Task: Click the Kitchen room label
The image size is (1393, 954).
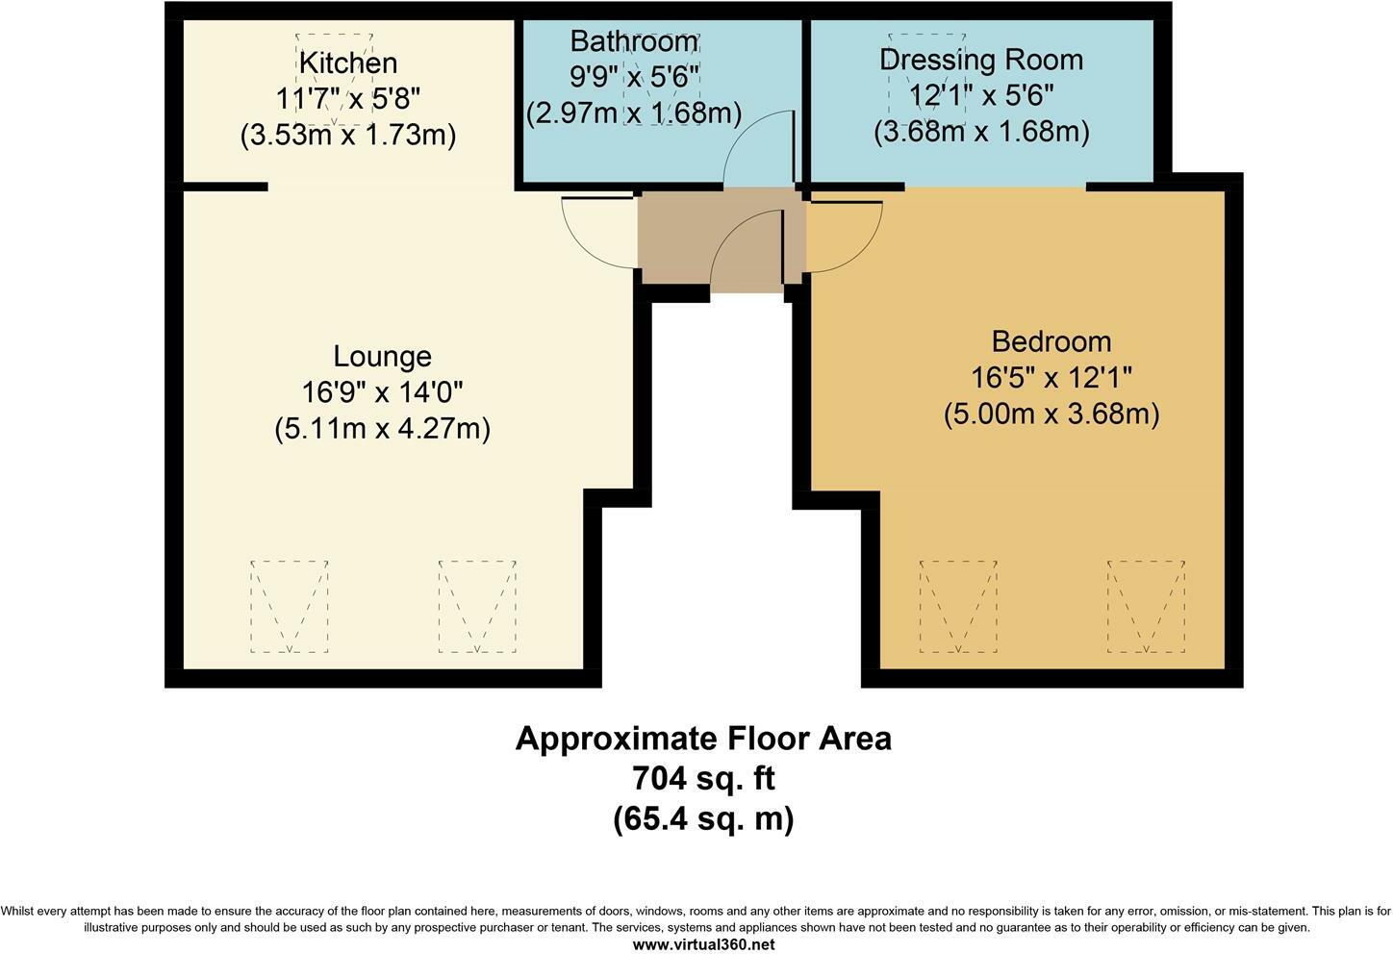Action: [347, 63]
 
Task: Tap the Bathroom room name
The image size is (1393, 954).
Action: [634, 41]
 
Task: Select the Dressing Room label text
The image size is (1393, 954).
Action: [981, 61]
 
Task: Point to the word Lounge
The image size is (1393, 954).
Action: [383, 357]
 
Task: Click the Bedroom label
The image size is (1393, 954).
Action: [1051, 341]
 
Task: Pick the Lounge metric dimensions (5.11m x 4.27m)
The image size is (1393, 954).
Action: [383, 429]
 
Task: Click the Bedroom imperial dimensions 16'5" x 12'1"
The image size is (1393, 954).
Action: [1051, 377]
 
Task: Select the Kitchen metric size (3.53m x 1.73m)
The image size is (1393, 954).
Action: [348, 135]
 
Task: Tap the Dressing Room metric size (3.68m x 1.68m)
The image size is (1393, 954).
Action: [981, 132]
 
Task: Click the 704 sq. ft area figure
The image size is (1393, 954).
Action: [703, 778]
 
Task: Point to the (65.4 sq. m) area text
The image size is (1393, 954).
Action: [703, 818]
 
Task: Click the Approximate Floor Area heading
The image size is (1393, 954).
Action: [703, 739]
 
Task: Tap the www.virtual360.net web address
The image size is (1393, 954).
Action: [703, 944]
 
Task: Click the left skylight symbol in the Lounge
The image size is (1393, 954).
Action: [290, 607]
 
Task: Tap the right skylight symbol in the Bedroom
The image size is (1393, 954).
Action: [1146, 607]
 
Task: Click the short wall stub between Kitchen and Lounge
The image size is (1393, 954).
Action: [226, 187]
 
